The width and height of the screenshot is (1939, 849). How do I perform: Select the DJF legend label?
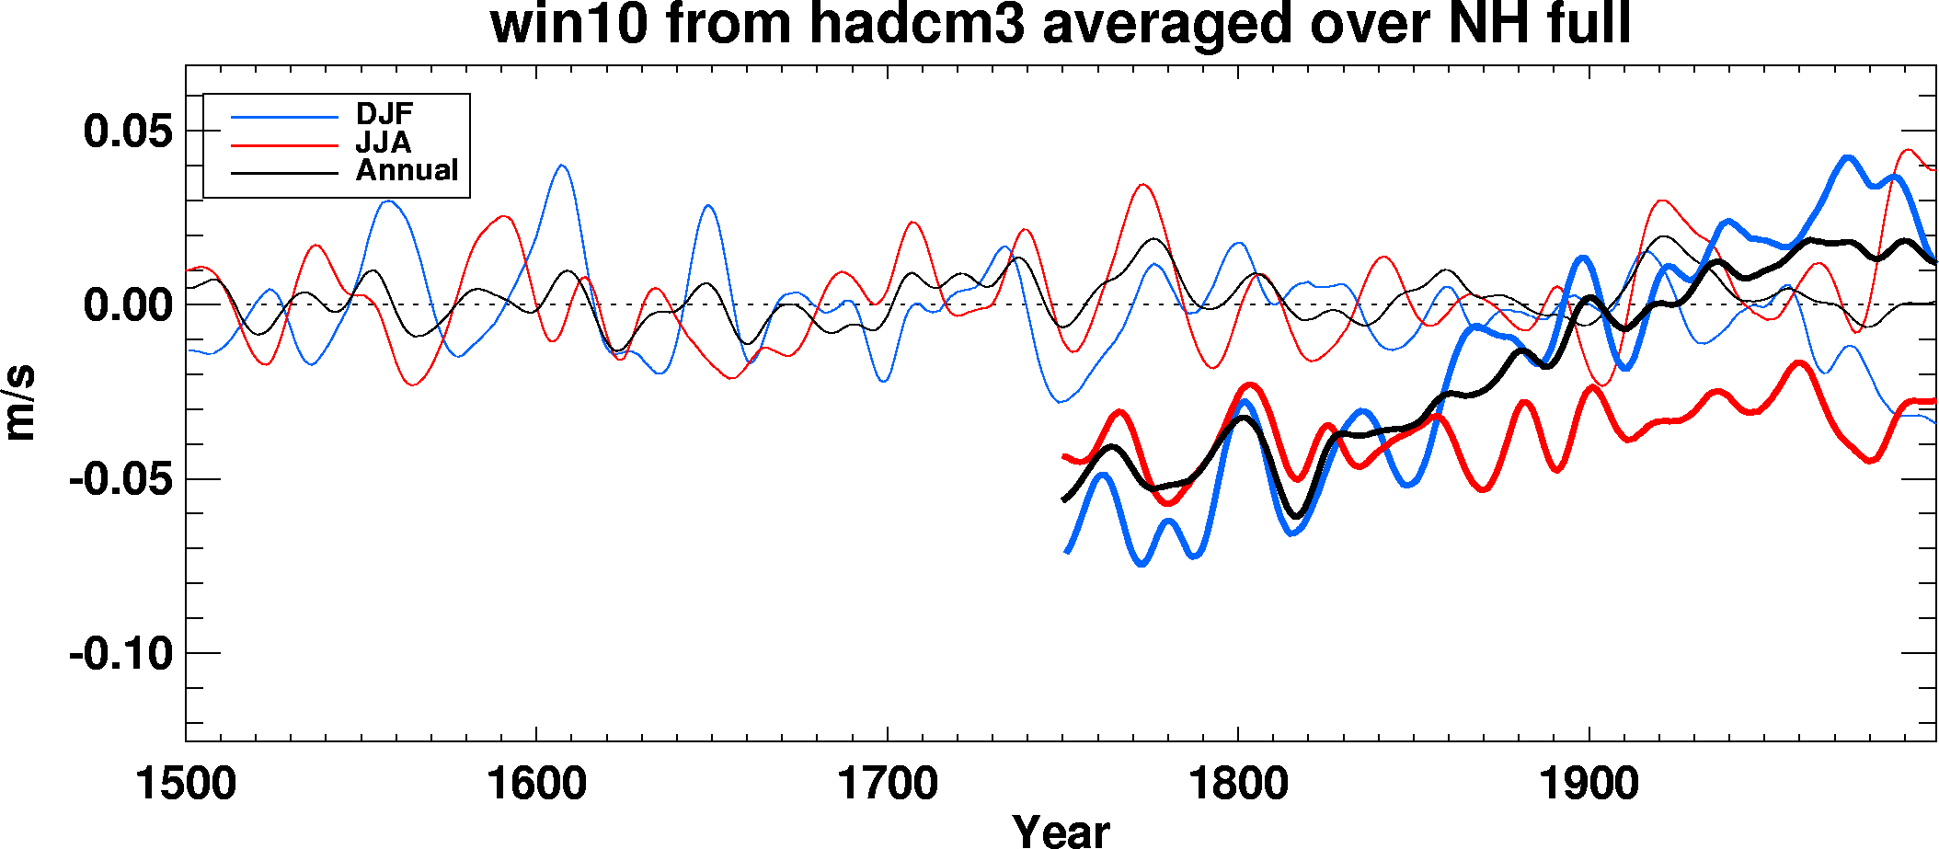384,114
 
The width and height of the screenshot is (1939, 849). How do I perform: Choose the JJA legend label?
384,143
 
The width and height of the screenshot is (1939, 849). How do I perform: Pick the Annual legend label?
407,170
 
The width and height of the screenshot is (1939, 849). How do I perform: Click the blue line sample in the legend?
284,117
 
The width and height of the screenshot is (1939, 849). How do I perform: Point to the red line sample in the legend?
284,145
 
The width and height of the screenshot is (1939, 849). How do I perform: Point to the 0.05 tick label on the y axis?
128,131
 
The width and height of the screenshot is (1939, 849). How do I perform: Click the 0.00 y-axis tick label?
128,304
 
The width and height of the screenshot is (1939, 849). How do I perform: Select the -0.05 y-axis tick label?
120,479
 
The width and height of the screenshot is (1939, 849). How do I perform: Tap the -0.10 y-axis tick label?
120,654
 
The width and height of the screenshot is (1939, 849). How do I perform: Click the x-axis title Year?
1061,831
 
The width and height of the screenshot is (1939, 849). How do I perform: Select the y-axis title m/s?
20,403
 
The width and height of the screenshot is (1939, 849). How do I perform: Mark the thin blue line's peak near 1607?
561,166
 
